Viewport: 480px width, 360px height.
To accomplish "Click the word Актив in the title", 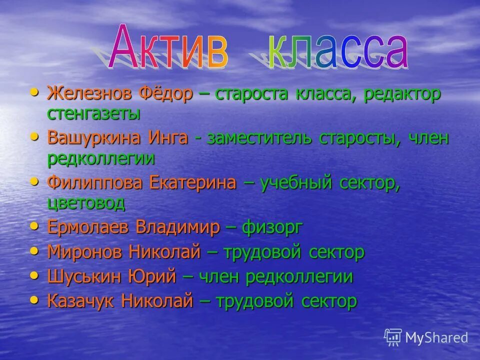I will click(x=168, y=50).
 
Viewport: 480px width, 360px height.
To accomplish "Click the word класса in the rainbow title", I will click(x=338, y=50).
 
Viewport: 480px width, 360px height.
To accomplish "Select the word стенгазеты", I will click(x=93, y=113).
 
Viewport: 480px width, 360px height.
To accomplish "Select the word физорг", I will click(x=272, y=227).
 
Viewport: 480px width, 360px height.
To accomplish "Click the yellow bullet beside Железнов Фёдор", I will click(x=34, y=92).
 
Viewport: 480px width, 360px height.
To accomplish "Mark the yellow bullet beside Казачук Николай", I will click(x=34, y=299).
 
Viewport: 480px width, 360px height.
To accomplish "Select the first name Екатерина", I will click(x=192, y=183).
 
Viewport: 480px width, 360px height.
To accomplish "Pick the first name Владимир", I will click(x=177, y=227).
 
